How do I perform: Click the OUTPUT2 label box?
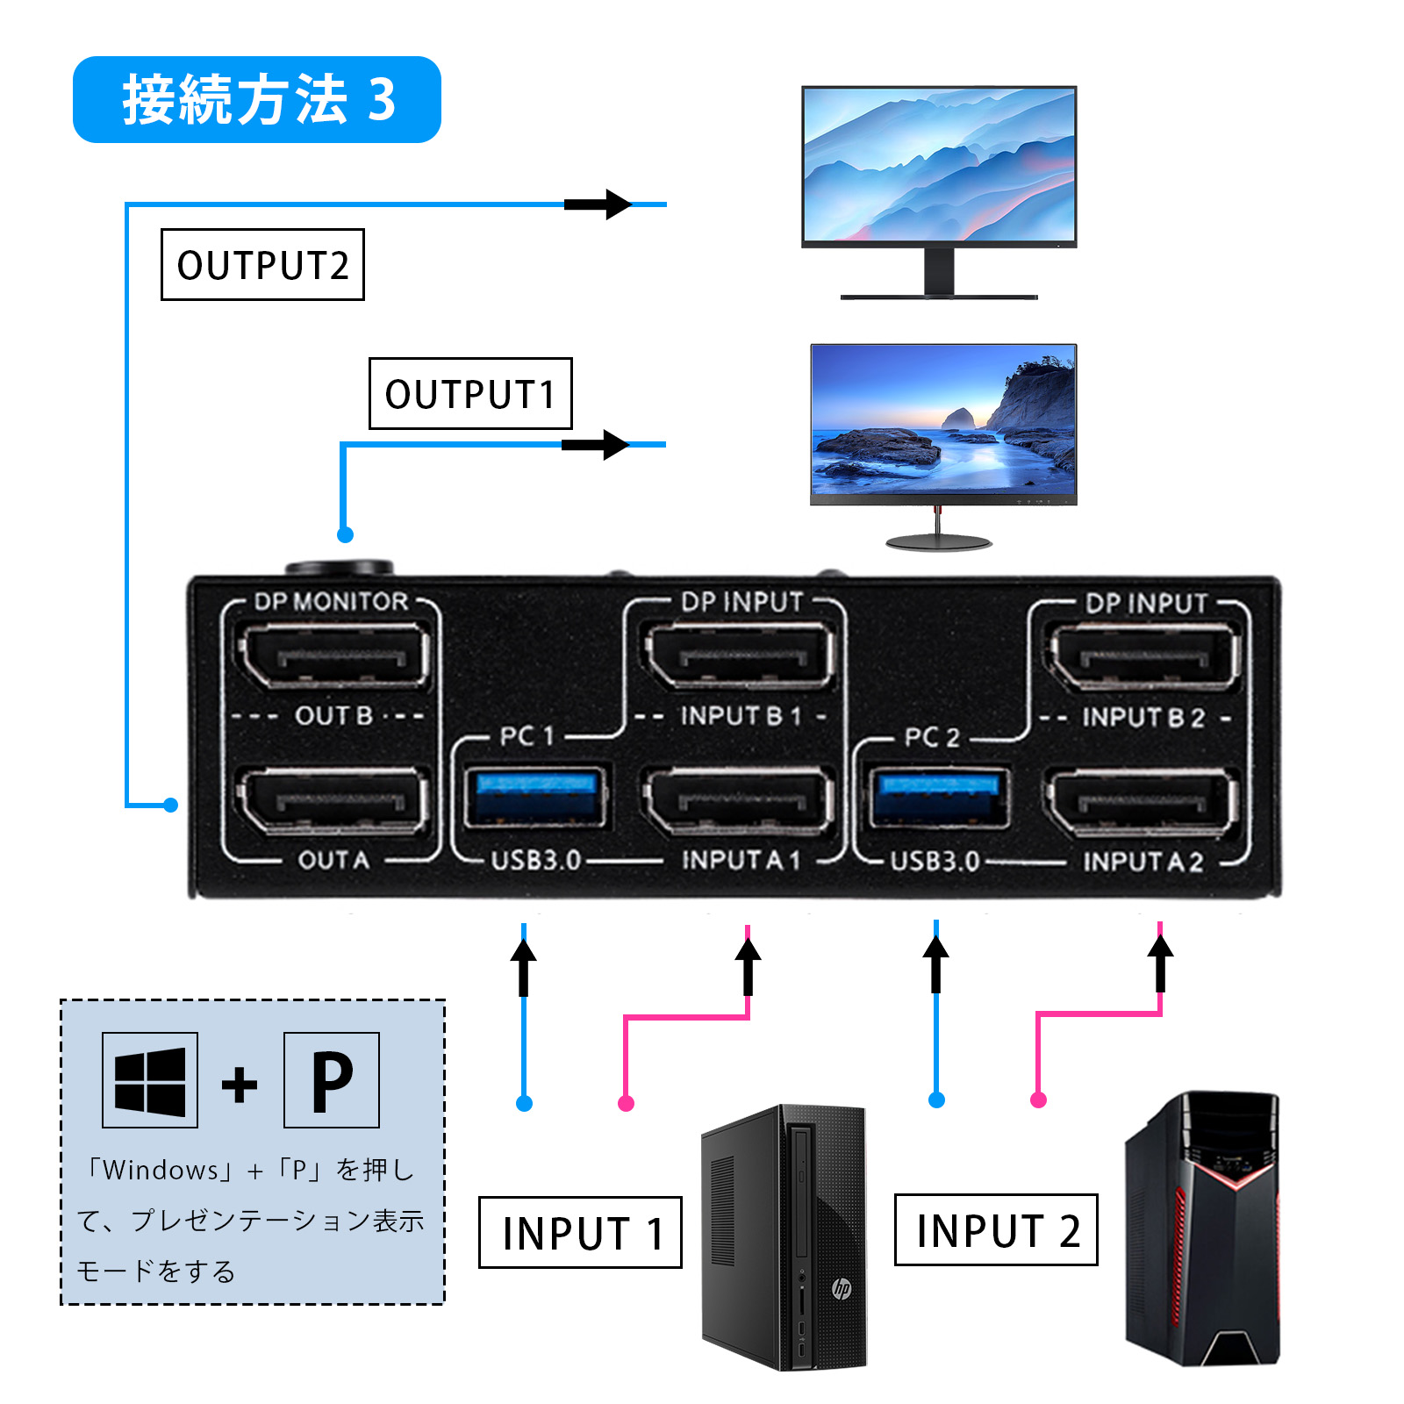[x=262, y=265]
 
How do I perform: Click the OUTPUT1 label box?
[x=470, y=394]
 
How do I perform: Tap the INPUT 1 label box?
[x=580, y=1233]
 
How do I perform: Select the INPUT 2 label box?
[x=996, y=1230]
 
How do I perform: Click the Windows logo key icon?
[x=150, y=1080]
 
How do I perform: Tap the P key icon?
[x=332, y=1080]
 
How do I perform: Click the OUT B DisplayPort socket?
[x=333, y=655]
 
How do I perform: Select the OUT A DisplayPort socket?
[x=333, y=800]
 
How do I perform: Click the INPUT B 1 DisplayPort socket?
[x=739, y=655]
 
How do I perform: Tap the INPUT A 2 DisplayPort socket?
[x=1143, y=801]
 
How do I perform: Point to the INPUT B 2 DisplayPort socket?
[x=1144, y=657]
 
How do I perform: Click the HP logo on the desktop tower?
[x=842, y=1288]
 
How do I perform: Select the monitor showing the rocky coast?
[x=943, y=421]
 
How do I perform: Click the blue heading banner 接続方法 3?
[x=257, y=100]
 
